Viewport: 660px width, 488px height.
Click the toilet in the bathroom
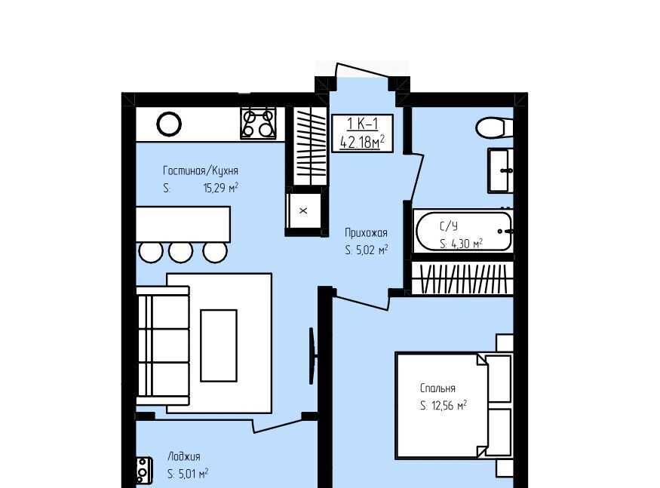point(494,127)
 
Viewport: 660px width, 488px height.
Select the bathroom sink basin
point(501,170)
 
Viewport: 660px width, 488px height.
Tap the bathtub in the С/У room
point(463,232)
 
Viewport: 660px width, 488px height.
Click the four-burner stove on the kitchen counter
point(259,123)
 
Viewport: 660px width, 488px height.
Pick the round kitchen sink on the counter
point(169,124)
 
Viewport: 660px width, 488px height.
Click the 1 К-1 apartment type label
point(362,124)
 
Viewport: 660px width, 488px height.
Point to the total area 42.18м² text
point(362,142)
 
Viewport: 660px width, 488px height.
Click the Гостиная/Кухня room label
point(201,170)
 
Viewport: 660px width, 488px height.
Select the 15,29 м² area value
point(220,187)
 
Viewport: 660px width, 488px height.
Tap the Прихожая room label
point(366,232)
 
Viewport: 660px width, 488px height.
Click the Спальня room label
point(437,388)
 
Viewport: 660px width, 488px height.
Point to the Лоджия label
point(184,456)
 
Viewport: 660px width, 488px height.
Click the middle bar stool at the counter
point(181,252)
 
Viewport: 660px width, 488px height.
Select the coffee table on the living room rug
point(219,345)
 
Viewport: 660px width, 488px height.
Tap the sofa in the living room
point(163,345)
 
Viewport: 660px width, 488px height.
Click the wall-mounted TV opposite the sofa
point(312,356)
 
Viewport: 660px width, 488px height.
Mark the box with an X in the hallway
point(303,211)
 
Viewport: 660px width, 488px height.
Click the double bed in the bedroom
point(454,406)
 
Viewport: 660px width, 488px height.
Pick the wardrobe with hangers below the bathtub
point(462,278)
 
